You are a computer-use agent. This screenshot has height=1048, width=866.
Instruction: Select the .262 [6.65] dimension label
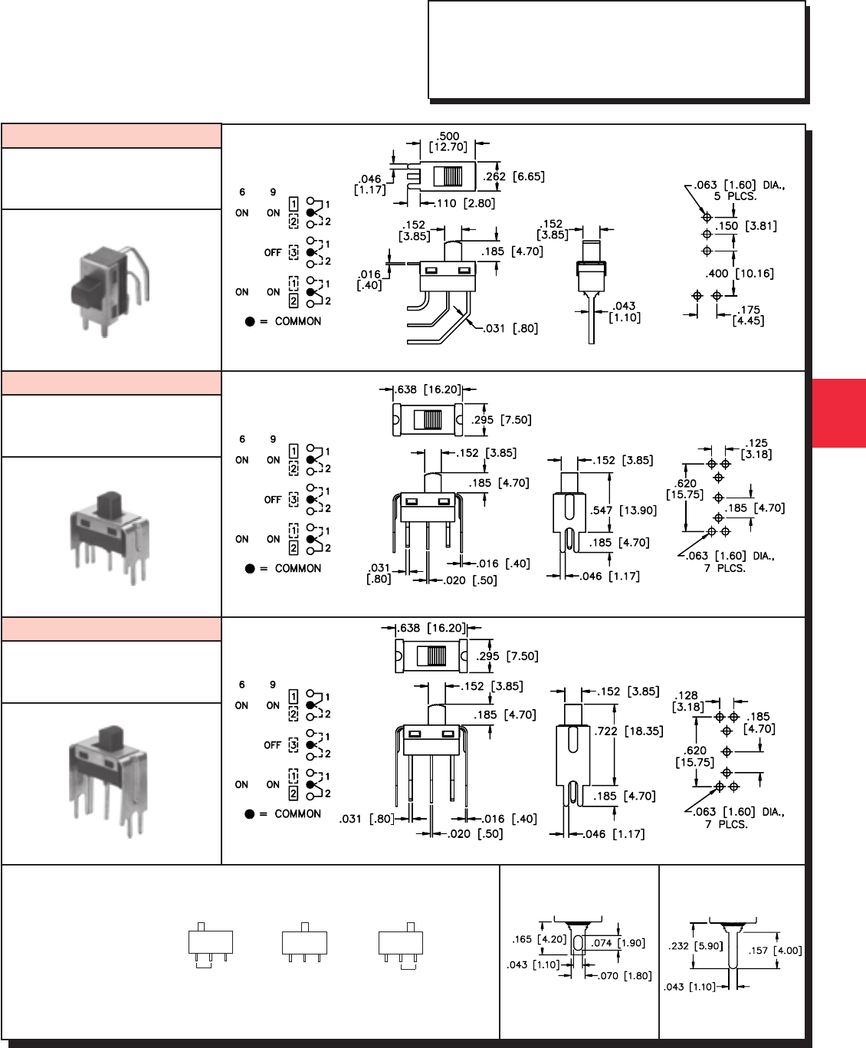(514, 176)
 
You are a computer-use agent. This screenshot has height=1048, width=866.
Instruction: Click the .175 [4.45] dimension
(747, 316)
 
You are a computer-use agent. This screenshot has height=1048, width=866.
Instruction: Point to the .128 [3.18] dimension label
(687, 701)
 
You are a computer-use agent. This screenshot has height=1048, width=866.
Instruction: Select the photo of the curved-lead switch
(111, 287)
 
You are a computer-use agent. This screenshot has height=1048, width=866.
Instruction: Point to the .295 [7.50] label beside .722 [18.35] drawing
(507, 656)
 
